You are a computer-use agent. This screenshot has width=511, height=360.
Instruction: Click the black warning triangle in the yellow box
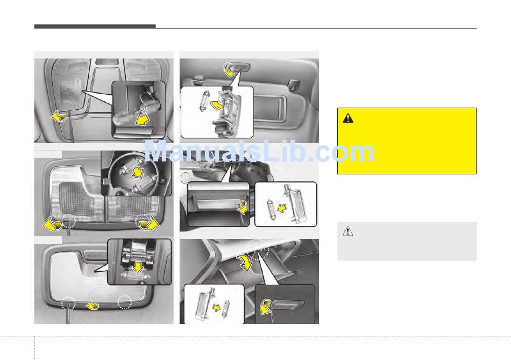[x=348, y=118]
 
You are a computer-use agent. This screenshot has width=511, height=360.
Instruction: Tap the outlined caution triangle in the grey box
[x=347, y=231]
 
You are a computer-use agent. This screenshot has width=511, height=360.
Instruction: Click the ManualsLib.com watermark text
[x=259, y=151]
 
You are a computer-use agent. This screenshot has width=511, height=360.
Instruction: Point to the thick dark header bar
[x=95, y=26]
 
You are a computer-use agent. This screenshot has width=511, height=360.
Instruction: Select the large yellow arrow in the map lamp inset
[x=143, y=119]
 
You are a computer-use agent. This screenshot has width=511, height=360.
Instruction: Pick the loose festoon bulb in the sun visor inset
[x=201, y=101]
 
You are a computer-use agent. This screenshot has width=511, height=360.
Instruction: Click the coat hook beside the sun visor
[x=294, y=84]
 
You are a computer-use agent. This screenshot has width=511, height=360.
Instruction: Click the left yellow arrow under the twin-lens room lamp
[x=53, y=225]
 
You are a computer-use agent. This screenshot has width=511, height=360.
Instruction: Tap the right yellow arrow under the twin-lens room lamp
[x=149, y=224]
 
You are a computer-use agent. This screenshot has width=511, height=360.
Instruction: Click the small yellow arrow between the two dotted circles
[x=92, y=305]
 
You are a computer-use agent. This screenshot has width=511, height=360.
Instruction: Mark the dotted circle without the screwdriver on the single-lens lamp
[x=124, y=302]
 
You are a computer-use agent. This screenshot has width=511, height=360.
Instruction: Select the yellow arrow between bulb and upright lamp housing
[x=282, y=208]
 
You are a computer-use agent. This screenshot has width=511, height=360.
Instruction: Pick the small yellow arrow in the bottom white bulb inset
[x=216, y=307]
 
